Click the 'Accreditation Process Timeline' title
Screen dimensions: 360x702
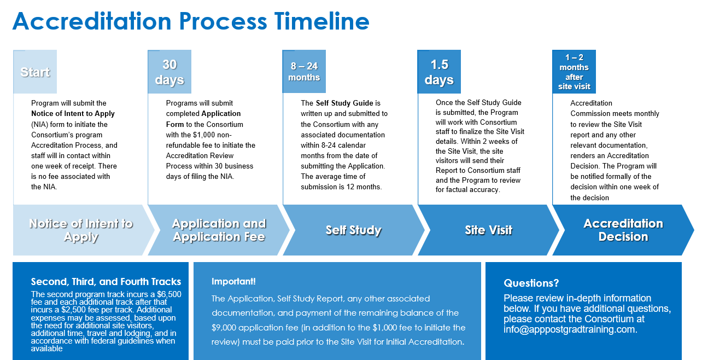tap(191, 21)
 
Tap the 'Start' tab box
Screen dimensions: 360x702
tap(35, 72)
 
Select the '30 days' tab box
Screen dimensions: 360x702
tap(169, 72)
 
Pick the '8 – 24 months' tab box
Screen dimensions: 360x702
tap(304, 72)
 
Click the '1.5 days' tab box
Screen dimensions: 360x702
tap(439, 72)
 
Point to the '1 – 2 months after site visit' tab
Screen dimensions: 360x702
tap(574, 72)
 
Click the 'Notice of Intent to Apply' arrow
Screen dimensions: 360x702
tap(81, 230)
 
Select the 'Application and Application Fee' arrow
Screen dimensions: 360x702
tap(219, 230)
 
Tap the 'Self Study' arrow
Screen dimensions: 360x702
tap(353, 230)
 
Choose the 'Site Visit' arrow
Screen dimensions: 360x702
tap(488, 230)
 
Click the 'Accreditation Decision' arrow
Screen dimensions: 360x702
tap(623, 230)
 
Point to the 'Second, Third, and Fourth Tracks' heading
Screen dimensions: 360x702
tap(106, 282)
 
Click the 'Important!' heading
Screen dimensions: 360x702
tap(233, 282)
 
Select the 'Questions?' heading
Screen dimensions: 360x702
tap(531, 283)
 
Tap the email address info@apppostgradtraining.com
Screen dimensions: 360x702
tap(570, 329)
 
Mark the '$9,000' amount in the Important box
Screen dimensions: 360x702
tap(225, 327)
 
